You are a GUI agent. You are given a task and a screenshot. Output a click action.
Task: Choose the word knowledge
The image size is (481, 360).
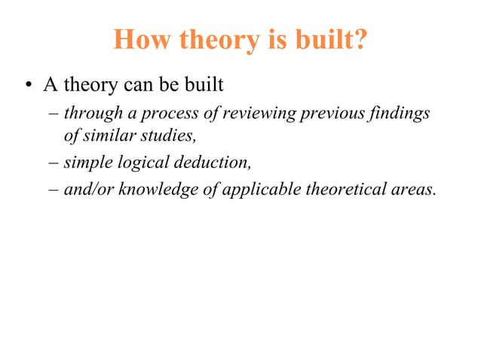pos(158,189)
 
